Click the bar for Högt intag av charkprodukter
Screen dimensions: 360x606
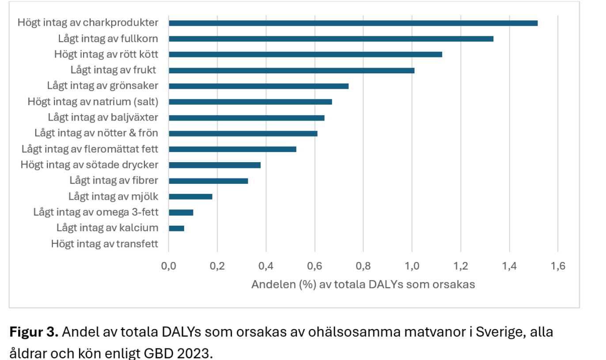click(353, 23)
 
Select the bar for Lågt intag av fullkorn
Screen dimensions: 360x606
click(331, 39)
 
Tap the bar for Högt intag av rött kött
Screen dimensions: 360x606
click(305, 54)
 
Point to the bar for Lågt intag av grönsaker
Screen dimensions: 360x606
click(258, 86)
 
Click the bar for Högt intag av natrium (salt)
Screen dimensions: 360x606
click(250, 102)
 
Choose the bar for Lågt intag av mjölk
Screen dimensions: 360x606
click(190, 197)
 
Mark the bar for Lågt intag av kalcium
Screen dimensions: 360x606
click(176, 228)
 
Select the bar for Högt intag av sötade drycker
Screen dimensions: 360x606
click(215, 165)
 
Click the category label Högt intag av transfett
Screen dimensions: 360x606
click(105, 244)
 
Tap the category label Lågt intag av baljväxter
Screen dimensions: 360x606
click(103, 117)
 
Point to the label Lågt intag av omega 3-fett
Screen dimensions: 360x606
click(96, 212)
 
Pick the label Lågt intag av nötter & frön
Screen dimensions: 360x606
click(96, 133)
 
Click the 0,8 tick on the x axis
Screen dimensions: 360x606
click(363, 266)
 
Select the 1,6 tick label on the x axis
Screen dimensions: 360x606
click(558, 266)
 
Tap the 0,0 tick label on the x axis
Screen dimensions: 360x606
click(169, 266)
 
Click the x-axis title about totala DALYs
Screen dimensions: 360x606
click(363, 284)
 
